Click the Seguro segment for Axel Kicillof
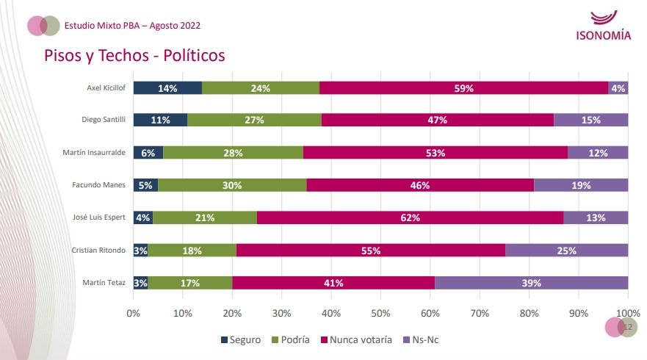pyautogui.click(x=167, y=88)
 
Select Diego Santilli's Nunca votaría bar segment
pyautogui.click(x=438, y=120)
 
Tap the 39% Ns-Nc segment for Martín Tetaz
pyautogui.click(x=532, y=283)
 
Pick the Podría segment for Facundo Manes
pyautogui.click(x=232, y=185)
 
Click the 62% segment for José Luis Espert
pyautogui.click(x=410, y=217)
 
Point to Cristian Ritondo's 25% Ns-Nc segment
pyautogui.click(x=566, y=251)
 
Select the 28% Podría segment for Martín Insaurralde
pyautogui.click(x=233, y=152)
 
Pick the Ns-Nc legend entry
pyautogui.click(x=422, y=340)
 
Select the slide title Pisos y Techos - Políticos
pyautogui.click(x=134, y=56)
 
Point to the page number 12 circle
pyautogui.click(x=627, y=327)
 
